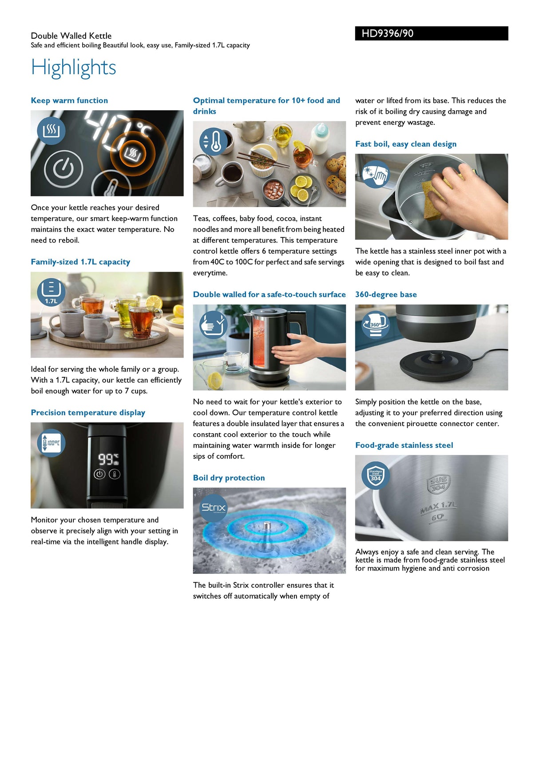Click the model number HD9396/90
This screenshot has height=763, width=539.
click(387, 33)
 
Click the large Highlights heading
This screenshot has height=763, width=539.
click(73, 68)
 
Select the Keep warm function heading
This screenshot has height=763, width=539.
click(69, 100)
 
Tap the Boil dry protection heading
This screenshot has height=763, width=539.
click(229, 478)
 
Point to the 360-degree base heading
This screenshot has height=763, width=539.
click(386, 295)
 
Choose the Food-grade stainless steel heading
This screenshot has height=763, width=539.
click(404, 445)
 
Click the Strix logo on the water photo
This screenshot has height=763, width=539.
click(214, 507)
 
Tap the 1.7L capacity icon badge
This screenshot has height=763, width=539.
click(51, 292)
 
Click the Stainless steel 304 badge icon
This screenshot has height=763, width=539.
click(376, 475)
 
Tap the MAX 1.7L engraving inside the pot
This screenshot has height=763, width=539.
click(438, 507)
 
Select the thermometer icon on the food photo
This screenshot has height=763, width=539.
click(214, 142)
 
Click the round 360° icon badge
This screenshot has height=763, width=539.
click(376, 325)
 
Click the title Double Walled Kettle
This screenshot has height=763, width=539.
click(71, 36)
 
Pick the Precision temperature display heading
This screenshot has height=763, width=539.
click(88, 413)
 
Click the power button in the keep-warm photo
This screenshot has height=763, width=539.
click(63, 169)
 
